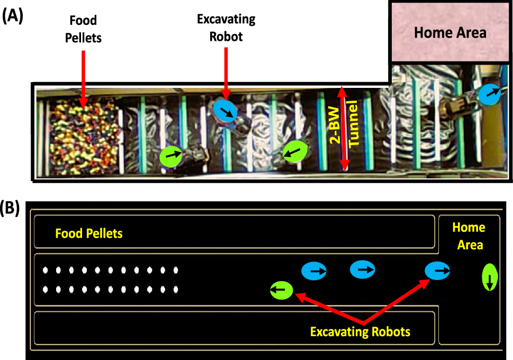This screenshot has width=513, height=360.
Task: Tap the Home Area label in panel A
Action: pos(450,32)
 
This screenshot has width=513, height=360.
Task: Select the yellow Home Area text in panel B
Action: pos(469,236)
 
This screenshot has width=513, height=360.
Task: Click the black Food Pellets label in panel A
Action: pos(83,28)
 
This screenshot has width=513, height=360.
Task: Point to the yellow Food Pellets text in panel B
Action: pos(89,233)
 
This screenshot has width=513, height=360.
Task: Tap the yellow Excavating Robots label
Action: pos(360,332)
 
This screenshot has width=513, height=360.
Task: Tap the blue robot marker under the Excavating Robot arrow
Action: pos(225,110)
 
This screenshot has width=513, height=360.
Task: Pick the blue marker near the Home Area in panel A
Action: pos(490,93)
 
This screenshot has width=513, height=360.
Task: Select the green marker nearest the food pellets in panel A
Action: pos(171,156)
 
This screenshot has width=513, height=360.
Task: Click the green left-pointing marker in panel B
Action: pos(281,290)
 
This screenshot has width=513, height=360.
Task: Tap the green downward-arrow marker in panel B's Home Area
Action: pos(490,278)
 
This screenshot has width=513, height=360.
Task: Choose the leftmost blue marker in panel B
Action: pos(314,271)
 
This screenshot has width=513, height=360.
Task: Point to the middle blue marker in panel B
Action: pos(363,269)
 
